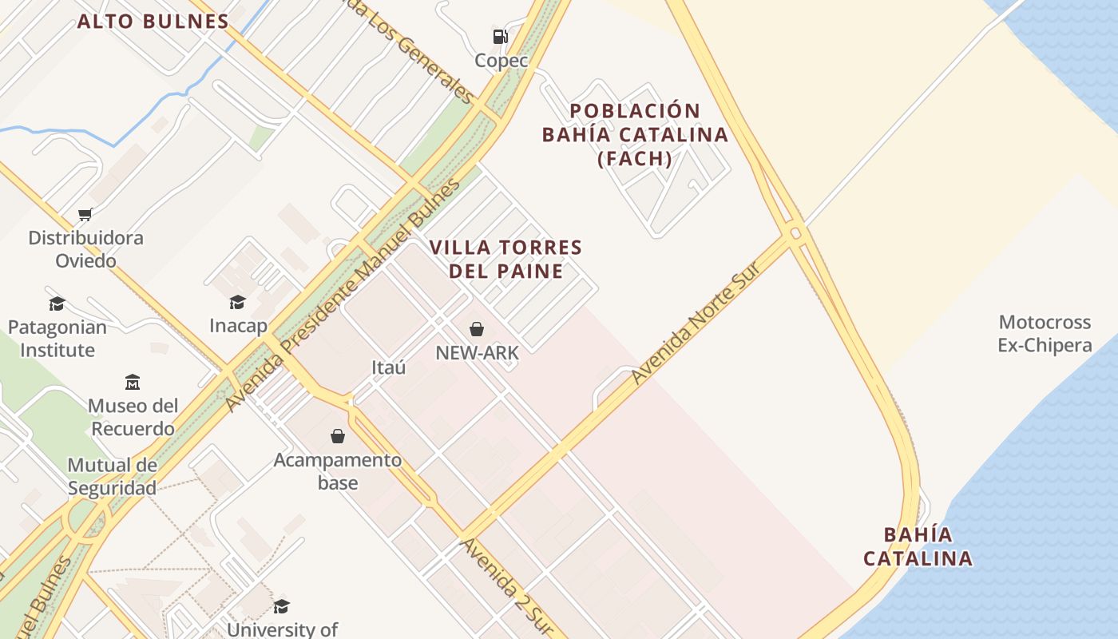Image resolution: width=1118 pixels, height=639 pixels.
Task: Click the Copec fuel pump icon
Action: pos(500,36)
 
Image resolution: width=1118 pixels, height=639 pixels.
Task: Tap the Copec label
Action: pos(502,61)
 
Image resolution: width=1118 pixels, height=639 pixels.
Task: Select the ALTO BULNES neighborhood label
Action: pos(153,22)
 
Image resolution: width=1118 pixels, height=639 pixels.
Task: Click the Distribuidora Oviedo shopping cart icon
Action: pos(85,214)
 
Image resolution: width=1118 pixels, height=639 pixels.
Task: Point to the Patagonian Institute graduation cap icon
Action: pos(57,304)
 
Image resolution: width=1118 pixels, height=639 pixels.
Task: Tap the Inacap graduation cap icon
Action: pos(237,302)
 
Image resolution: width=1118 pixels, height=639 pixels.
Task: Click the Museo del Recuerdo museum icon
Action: pos(133,382)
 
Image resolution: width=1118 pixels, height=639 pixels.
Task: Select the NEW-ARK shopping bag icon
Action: pos(477,329)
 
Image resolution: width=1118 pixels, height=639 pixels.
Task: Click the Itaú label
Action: pos(389,367)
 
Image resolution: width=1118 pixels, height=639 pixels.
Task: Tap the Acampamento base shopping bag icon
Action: pos(338,436)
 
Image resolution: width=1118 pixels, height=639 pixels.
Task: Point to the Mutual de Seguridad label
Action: pos(112,477)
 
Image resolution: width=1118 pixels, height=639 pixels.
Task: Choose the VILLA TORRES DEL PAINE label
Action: pos(506,259)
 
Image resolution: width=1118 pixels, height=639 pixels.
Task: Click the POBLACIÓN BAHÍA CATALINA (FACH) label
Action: pos(635,134)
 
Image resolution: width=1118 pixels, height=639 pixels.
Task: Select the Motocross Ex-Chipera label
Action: pos(1045,334)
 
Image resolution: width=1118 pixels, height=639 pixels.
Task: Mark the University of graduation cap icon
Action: pos(281,606)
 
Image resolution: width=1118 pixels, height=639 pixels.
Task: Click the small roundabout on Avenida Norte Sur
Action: pos(795,233)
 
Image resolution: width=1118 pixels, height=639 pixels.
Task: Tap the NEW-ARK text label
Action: pos(477,352)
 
